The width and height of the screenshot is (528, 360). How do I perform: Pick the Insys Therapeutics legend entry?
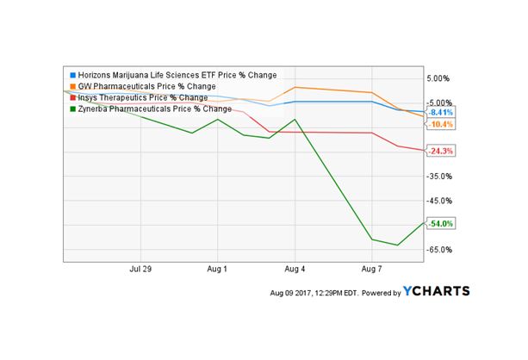coord(141,97)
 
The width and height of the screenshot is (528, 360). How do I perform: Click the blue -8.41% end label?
coord(441,113)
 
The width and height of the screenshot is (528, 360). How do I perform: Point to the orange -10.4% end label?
coord(441,125)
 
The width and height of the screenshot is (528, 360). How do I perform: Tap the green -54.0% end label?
coord(441,224)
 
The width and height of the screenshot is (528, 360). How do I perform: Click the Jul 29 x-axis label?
coord(140,269)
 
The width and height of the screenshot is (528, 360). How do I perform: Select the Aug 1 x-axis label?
coord(218,269)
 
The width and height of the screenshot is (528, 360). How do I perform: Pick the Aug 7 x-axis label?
coord(371,269)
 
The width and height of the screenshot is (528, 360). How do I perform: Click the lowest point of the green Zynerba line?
coord(397,245)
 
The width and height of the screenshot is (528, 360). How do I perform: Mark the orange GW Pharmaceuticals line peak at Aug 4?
coord(295,87)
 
